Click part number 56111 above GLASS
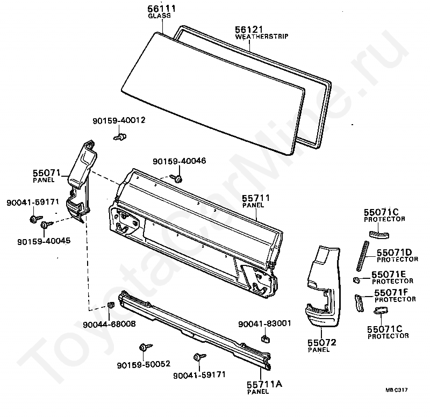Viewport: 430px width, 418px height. (x=159, y=9)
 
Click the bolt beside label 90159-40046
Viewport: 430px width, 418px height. (x=177, y=178)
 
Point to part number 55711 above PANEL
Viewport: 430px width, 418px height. (x=256, y=198)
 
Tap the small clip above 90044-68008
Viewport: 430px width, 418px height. (x=111, y=306)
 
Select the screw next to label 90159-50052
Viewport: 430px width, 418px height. (x=145, y=348)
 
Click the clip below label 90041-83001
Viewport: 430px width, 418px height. (x=265, y=338)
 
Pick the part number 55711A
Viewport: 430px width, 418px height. (x=264, y=384)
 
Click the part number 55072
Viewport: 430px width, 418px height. (x=322, y=342)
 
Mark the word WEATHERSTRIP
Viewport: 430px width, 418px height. (x=262, y=37)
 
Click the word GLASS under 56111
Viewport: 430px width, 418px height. (x=159, y=16)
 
